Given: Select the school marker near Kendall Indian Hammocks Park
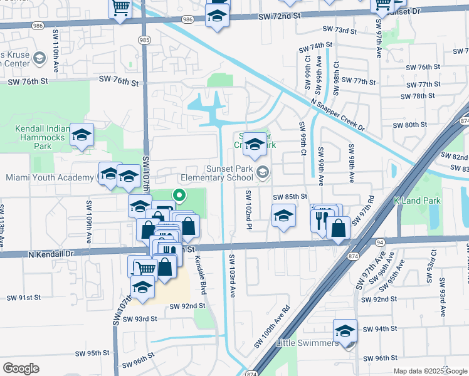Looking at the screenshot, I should pyautogui.click(x=82, y=134).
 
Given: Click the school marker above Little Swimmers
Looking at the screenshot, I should pyautogui.click(x=345, y=330).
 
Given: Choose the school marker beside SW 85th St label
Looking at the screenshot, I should pyautogui.click(x=283, y=216).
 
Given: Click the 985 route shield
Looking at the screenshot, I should pyautogui.click(x=144, y=39).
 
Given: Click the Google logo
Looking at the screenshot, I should pyautogui.click(x=21, y=368).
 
